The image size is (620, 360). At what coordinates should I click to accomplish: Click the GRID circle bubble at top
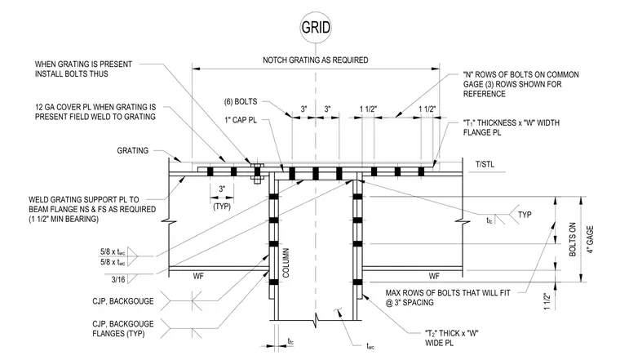pyautogui.click(x=316, y=27)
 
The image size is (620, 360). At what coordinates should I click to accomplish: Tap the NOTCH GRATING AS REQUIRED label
pyautogui.click(x=316, y=60)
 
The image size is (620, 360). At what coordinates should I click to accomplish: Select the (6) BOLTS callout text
pyautogui.click(x=241, y=102)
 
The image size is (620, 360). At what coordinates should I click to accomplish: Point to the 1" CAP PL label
pyautogui.click(x=241, y=120)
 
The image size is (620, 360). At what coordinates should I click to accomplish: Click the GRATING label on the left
pyautogui.click(x=133, y=151)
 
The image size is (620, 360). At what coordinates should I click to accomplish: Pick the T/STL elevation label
pyautogui.click(x=485, y=165)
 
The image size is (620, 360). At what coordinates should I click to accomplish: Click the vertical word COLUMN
pyautogui.click(x=286, y=263)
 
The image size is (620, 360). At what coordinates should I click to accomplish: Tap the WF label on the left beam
pyautogui.click(x=198, y=277)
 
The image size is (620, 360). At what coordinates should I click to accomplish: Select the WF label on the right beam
pyautogui.click(x=434, y=276)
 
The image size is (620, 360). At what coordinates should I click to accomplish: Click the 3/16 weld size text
pyautogui.click(x=118, y=280)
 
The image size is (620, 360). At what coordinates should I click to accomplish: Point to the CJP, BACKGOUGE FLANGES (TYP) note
pyautogui.click(x=123, y=329)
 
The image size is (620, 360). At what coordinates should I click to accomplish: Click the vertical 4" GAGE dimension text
pyautogui.click(x=590, y=240)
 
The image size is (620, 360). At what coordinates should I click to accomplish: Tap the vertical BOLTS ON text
pyautogui.click(x=573, y=239)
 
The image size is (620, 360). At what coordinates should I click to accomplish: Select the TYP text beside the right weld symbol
pyautogui.click(x=525, y=215)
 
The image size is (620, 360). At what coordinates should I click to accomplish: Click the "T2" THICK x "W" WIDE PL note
pyautogui.click(x=452, y=338)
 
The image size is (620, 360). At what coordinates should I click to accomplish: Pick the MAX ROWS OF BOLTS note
pyautogui.click(x=448, y=298)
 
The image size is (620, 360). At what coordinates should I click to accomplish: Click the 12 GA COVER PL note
pyautogui.click(x=95, y=112)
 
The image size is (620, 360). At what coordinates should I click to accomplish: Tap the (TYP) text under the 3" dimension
pyautogui.click(x=222, y=207)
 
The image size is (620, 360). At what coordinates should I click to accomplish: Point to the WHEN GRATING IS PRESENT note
pyautogui.click(x=83, y=69)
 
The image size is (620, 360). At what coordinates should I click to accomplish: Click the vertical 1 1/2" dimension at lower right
pyautogui.click(x=547, y=302)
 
